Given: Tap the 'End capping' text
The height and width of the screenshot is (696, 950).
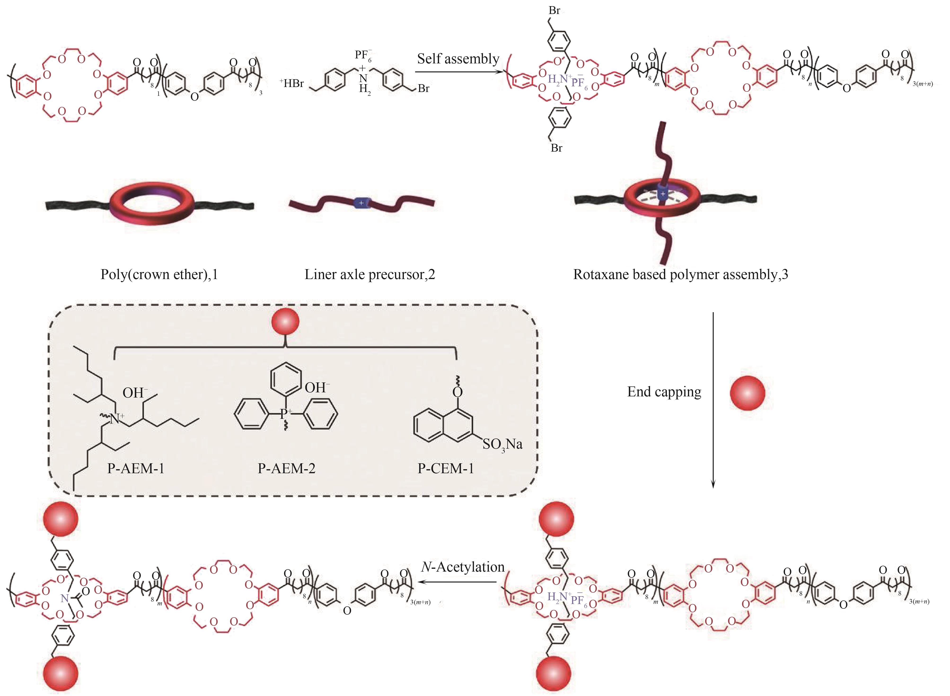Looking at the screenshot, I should (x=664, y=392).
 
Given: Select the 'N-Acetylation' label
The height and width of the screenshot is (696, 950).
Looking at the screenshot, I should (x=463, y=567).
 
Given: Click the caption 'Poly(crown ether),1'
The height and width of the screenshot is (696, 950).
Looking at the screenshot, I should (x=159, y=275).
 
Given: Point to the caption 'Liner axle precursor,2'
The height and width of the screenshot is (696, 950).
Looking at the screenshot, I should (x=370, y=275).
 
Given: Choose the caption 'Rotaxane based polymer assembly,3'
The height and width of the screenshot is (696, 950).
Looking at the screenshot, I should (x=680, y=275).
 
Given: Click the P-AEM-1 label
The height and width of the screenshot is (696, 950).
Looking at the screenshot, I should (x=136, y=468).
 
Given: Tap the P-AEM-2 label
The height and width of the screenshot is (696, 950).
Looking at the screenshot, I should (x=287, y=468).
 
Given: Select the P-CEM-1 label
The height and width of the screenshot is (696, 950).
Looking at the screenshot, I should (x=445, y=468).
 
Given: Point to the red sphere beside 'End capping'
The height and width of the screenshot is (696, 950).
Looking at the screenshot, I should (x=747, y=393).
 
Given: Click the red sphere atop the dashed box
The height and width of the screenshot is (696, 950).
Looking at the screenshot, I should (x=285, y=321).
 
